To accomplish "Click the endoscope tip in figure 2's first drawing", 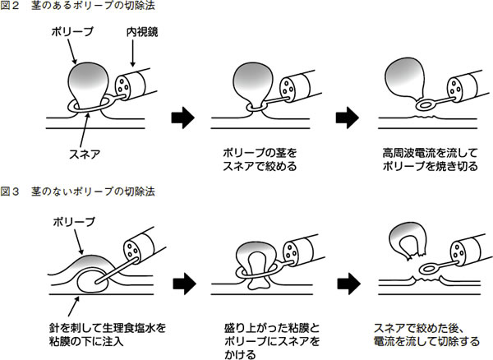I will coord(130,85).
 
